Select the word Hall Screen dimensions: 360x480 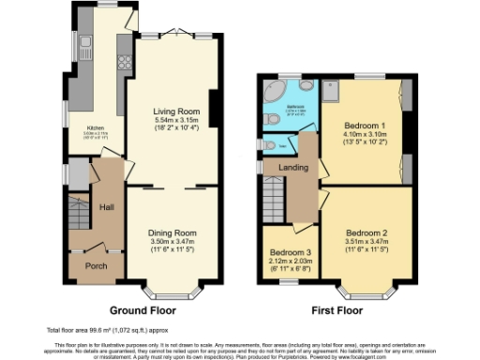[x=106, y=205]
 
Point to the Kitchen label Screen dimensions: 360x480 [x=96, y=128]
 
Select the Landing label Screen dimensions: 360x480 [x=283, y=167]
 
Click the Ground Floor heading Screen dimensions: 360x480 [x=144, y=309]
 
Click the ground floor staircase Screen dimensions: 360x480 [x=78, y=216]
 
